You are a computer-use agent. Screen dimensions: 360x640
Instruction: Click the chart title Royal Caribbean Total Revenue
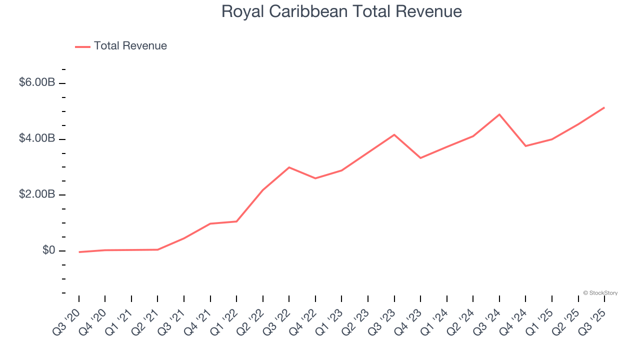click(341, 11)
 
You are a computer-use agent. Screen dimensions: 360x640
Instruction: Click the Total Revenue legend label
click(130, 46)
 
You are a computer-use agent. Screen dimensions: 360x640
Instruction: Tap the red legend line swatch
click(82, 46)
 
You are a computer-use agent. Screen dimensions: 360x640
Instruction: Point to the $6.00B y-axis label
click(36, 82)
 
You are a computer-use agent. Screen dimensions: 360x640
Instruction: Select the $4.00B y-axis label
click(36, 138)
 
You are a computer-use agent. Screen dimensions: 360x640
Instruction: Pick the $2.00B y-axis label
click(36, 194)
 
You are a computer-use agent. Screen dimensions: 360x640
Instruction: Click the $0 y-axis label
click(48, 250)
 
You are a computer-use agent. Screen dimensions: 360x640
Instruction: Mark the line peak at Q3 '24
click(499, 114)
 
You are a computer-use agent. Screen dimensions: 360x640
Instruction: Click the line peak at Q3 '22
click(289, 167)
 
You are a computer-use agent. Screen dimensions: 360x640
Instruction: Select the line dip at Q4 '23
click(420, 158)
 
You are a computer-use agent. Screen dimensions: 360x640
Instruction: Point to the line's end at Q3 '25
click(604, 107)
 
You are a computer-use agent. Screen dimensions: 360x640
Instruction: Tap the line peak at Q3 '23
click(394, 134)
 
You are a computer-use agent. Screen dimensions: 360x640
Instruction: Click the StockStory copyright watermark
click(600, 293)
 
